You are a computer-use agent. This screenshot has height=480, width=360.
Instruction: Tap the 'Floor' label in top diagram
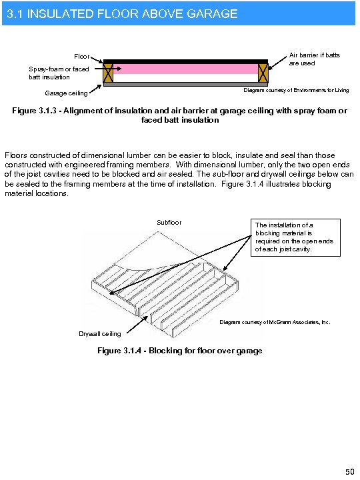(81, 57)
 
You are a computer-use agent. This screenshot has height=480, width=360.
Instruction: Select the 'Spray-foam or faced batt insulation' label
(59, 73)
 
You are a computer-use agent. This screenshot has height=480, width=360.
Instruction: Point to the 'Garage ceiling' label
(66, 93)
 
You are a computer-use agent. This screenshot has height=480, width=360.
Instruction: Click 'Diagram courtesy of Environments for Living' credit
(295, 90)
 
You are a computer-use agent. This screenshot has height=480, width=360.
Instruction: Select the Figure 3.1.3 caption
(179, 115)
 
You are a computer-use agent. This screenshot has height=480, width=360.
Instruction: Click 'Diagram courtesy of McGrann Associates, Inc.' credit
(275, 322)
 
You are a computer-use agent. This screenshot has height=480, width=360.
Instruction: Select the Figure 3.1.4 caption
(179, 351)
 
